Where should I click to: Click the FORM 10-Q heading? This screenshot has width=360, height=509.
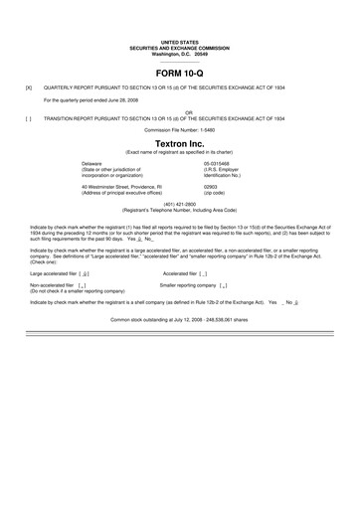tap(180, 74)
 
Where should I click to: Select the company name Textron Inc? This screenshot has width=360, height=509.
tap(180, 142)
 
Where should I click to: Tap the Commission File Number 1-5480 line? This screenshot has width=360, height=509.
tap(180, 130)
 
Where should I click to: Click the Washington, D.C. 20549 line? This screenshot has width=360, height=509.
tap(180, 53)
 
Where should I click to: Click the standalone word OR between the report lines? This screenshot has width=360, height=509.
tap(180, 112)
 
